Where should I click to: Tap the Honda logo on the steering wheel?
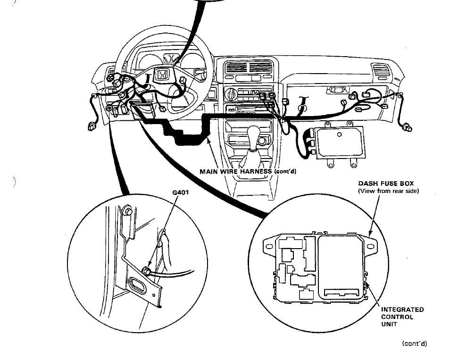point(162,75)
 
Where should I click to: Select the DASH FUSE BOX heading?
point(386,184)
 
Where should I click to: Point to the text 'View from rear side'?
point(388,191)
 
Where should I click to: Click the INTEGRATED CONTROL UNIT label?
point(402,317)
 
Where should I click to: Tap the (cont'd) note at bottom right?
point(414,343)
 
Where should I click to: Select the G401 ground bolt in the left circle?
point(147,270)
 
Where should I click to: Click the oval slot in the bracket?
point(140,285)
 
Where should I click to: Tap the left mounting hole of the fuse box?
point(270,246)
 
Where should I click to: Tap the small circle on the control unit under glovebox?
point(339,134)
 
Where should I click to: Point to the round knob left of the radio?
point(232,92)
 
